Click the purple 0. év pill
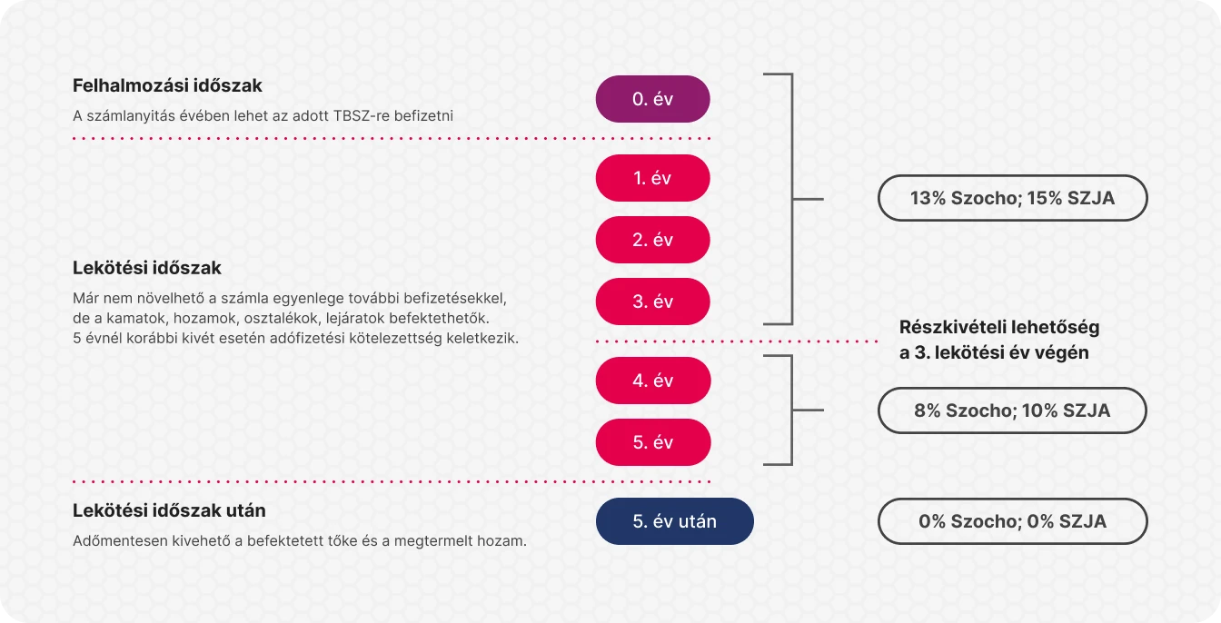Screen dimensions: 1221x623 click(x=652, y=99)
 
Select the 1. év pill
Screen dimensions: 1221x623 click(x=652, y=178)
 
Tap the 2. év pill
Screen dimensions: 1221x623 click(x=652, y=240)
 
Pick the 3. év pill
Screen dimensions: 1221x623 click(x=652, y=302)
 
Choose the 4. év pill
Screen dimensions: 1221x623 click(x=653, y=381)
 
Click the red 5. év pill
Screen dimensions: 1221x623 click(x=653, y=442)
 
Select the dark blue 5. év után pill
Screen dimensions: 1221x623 click(x=675, y=521)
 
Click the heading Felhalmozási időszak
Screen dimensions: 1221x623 click(x=167, y=85)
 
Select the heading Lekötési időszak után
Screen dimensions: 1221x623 click(x=169, y=510)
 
